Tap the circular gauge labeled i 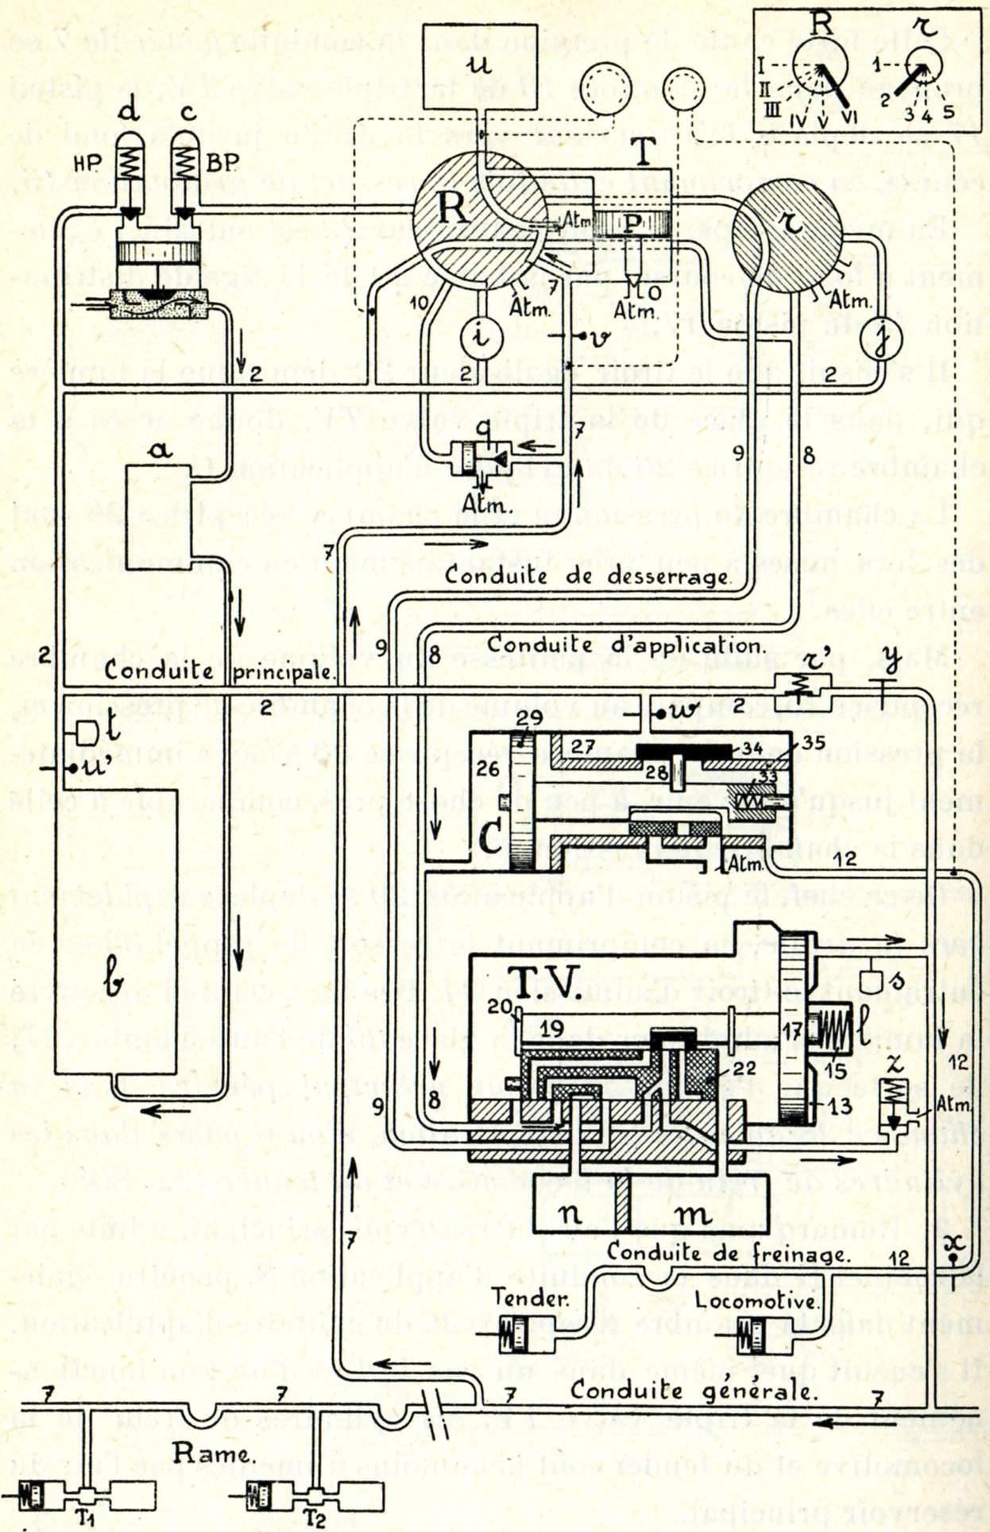pos(481,337)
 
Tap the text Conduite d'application pos(626,644)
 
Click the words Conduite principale pos(218,671)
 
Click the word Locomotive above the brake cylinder pos(756,1300)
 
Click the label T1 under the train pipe pos(86,1517)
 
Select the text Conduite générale pos(692,1390)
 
